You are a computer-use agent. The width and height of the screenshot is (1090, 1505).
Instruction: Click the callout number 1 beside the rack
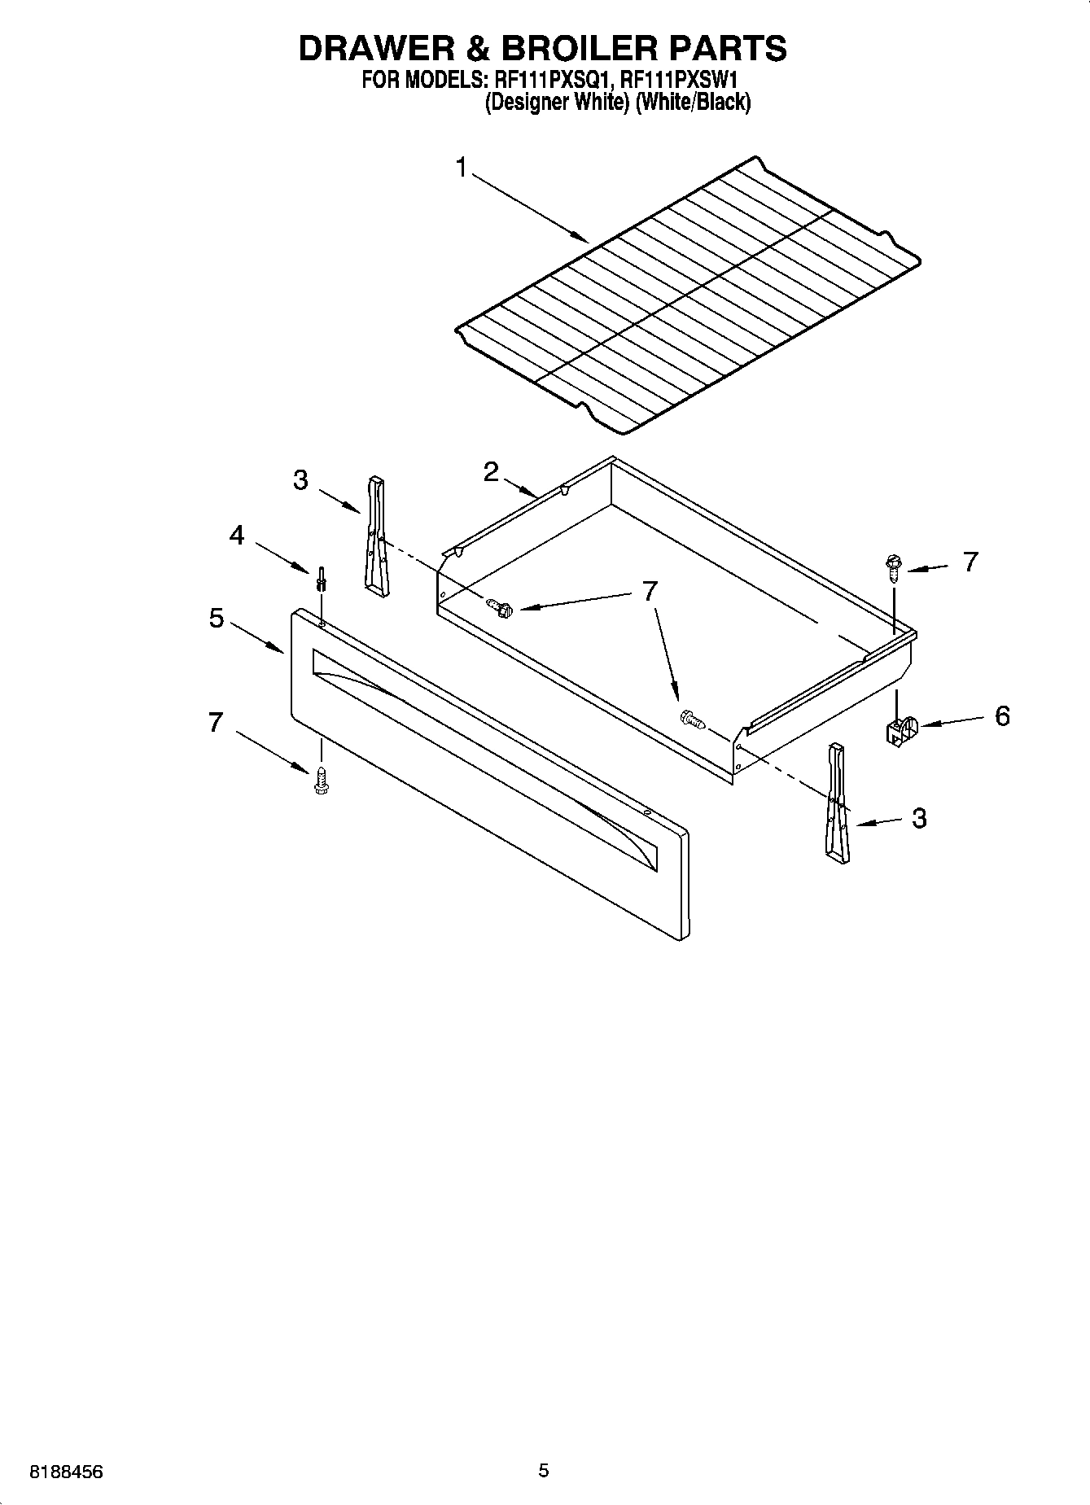click(x=462, y=168)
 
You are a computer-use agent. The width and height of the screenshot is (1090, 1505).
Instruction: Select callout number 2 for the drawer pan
click(x=491, y=471)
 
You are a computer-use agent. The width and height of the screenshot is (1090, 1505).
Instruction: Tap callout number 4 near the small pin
click(x=237, y=536)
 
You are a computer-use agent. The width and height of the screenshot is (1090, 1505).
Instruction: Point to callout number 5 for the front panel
click(x=216, y=618)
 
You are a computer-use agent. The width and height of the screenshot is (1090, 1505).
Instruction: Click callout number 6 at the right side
click(x=1002, y=716)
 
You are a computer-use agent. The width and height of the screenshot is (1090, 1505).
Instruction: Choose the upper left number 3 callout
click(x=300, y=481)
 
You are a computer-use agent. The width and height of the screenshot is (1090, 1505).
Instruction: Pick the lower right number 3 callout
click(x=919, y=818)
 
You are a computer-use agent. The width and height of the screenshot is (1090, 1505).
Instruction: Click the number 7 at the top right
click(x=970, y=562)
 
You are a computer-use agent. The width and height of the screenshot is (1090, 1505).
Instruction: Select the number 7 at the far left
click(x=216, y=722)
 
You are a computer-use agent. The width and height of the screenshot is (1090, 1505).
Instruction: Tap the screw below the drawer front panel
click(x=321, y=781)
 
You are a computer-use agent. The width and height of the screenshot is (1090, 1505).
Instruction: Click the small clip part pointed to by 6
click(x=900, y=730)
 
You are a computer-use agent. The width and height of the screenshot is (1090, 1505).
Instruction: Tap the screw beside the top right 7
click(x=893, y=566)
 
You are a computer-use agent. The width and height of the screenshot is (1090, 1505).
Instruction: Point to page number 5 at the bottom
click(x=544, y=1470)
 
